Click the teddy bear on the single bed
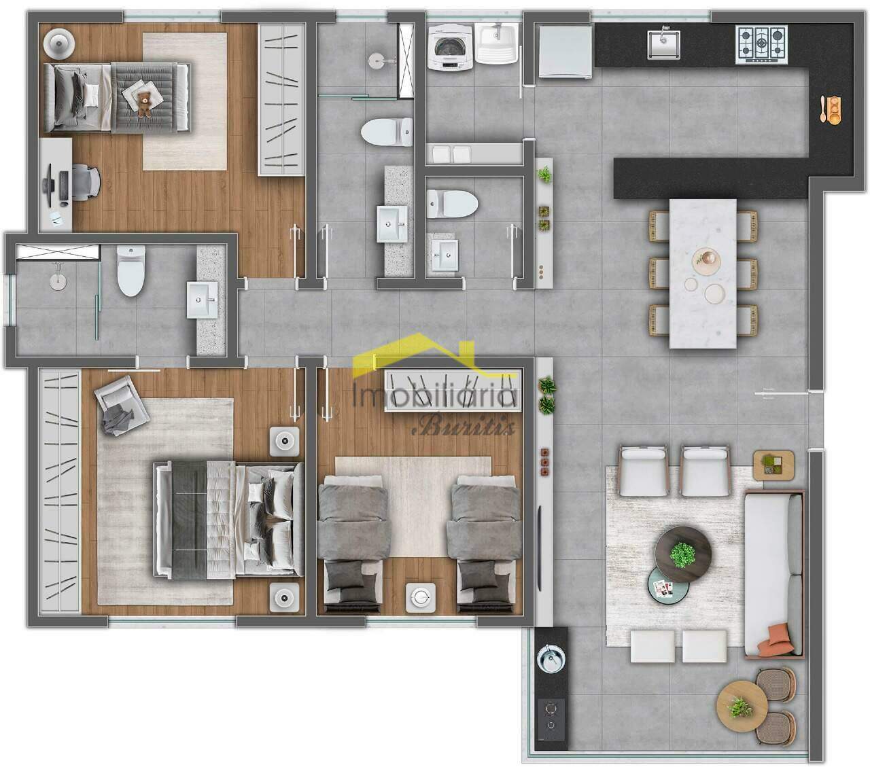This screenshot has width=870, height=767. [x=144, y=104]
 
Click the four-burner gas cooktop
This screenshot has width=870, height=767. [x=761, y=43]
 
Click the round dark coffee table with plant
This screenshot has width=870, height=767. [x=683, y=552]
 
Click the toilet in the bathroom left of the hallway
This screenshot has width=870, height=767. [x=131, y=271]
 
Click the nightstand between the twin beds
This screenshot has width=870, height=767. [x=419, y=597]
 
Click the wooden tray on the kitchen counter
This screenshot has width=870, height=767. [x=830, y=108]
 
